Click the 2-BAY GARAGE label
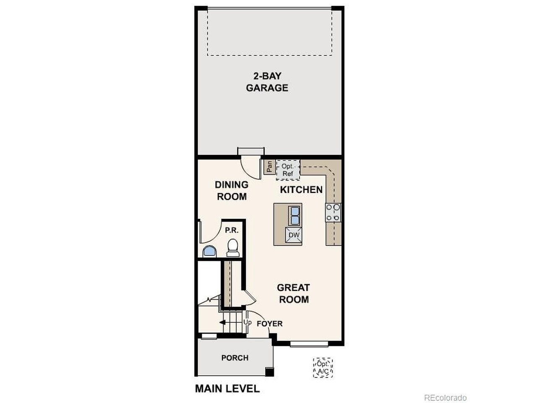coord(267,82)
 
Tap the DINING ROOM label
coord(232,191)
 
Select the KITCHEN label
coord(301,190)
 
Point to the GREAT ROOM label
coord(294,293)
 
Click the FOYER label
coord(270,324)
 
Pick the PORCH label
coord(235,358)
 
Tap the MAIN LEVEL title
coord(227,389)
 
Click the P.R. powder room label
coord(232,230)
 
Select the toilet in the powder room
coord(233,248)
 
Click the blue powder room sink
coord(210,251)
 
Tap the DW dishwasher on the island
coord(294,235)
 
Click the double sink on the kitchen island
coord(295,216)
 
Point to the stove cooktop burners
coord(333,213)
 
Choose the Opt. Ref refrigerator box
coord(288,170)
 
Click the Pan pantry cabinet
coord(269,167)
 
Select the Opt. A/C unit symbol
coord(323,367)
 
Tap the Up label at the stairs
coord(248,322)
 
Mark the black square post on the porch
coord(270,372)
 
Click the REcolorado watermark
coord(445,398)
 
